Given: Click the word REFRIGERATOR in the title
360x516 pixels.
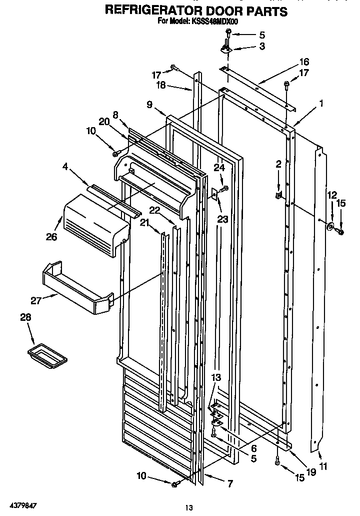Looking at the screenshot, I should pos(149,11).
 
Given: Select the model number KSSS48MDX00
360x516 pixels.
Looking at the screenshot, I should pos(216,21).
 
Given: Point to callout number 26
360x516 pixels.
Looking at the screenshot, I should pos(51,237).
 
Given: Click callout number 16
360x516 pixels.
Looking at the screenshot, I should pos(303,62).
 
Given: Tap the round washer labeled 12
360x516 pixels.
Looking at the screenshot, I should pos(330,227).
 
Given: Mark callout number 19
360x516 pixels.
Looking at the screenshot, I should pos(311,471).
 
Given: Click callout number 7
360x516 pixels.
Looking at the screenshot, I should pos(229,484).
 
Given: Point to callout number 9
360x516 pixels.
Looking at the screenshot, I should pos(149,105).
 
